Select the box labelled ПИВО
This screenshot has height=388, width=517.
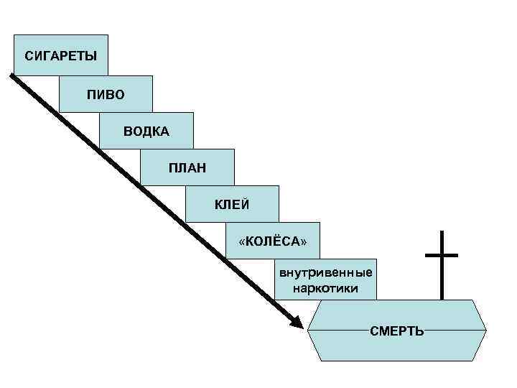point(106,94)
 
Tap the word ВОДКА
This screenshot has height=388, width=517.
point(146,131)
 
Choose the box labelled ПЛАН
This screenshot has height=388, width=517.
point(187,168)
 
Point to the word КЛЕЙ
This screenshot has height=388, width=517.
point(232,205)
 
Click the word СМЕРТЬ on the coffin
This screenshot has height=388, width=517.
point(397,331)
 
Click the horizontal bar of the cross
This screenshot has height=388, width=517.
point(441,255)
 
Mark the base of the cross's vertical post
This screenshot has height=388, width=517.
point(441,297)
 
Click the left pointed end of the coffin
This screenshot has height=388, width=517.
point(309,331)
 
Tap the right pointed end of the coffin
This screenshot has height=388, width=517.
point(486,331)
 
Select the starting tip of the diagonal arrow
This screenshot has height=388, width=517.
point(12,75)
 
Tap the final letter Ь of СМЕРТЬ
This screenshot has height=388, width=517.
point(419,331)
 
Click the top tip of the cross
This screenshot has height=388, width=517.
point(441,232)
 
